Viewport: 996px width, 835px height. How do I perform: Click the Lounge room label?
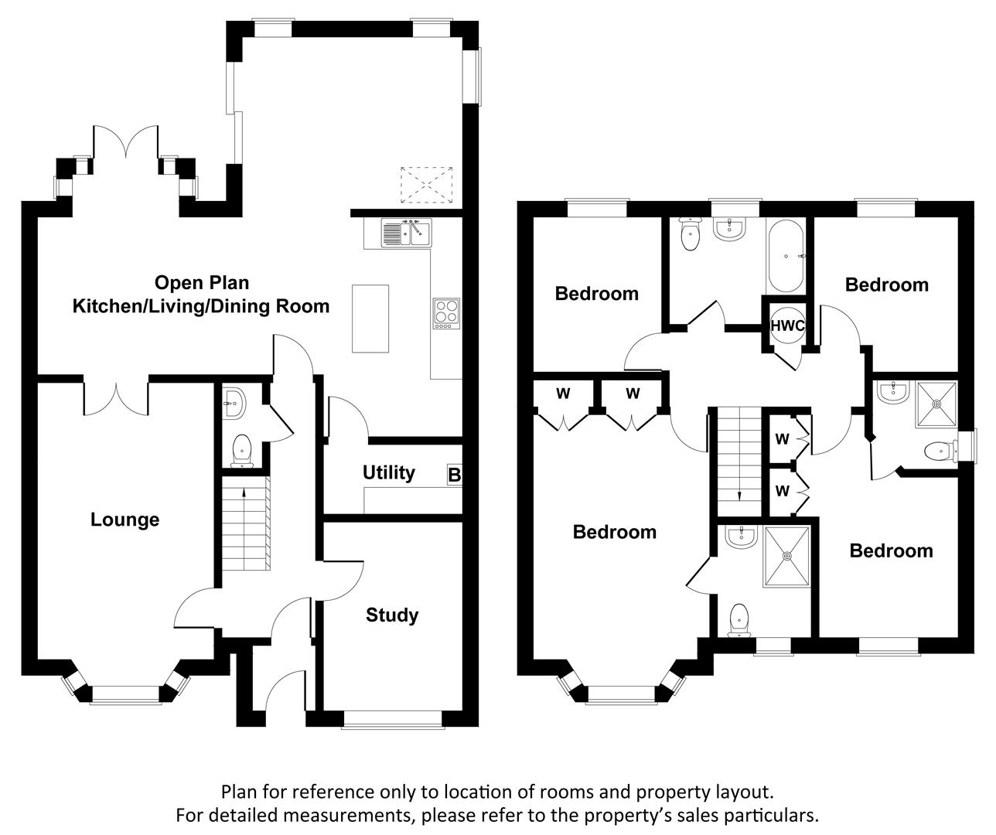[124, 520]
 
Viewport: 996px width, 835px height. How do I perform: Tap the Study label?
[392, 615]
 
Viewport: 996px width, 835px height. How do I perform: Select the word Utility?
[388, 472]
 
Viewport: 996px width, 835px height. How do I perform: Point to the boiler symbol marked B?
[454, 475]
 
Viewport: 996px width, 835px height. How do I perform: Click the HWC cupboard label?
[787, 326]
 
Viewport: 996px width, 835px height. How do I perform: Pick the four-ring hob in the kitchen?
[445, 313]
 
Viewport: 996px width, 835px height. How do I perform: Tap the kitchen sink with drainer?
[407, 232]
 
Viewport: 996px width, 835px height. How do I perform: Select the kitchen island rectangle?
[371, 318]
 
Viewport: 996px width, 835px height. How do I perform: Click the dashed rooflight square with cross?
[426, 186]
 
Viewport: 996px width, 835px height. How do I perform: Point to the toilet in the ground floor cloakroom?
[242, 451]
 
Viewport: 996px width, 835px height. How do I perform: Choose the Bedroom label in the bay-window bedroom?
[614, 532]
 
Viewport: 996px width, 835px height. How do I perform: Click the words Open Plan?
[202, 282]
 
